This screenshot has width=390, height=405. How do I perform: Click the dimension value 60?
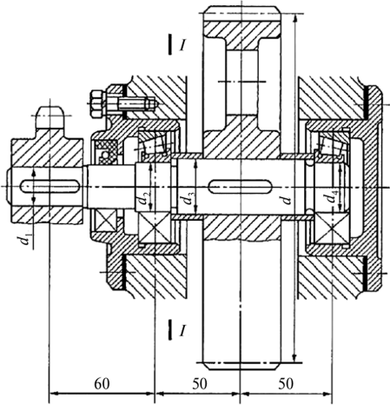pyautogui.click(x=102, y=384)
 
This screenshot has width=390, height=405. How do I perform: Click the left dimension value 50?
pyautogui.click(x=200, y=384)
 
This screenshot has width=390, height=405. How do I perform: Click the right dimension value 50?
pyautogui.click(x=286, y=384)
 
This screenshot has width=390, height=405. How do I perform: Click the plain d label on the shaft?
pyautogui.click(x=286, y=200)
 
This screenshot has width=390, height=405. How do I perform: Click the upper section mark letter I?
pyautogui.click(x=182, y=45)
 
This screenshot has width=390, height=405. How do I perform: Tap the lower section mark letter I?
pyautogui.click(x=182, y=330)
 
